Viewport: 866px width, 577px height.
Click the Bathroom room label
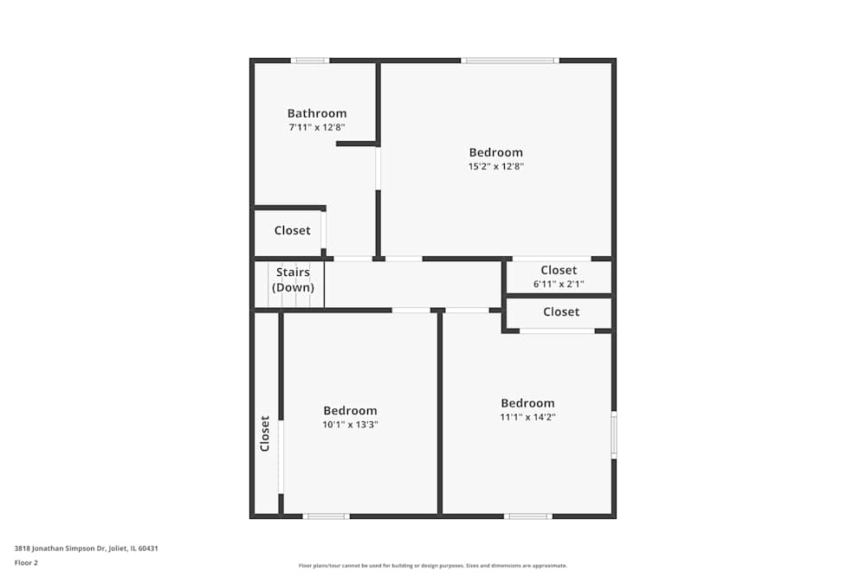(x=317, y=113)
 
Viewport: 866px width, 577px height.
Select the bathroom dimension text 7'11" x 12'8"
(x=317, y=127)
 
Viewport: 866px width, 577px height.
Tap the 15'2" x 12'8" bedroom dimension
(x=496, y=166)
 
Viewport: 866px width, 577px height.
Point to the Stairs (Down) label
(x=294, y=279)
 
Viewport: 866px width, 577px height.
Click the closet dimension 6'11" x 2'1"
(x=559, y=284)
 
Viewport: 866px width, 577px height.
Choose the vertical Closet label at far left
(x=265, y=433)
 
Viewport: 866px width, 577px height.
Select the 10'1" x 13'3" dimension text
(x=351, y=424)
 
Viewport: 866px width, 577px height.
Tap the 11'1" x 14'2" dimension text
(x=527, y=416)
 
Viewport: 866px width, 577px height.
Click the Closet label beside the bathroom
(x=292, y=231)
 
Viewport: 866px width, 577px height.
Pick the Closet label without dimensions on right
(x=561, y=311)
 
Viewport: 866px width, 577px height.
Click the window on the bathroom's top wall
(x=310, y=61)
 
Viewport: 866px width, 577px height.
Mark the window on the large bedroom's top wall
(x=509, y=61)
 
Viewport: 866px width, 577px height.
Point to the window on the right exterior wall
(x=613, y=434)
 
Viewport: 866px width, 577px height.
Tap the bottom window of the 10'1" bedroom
(x=326, y=516)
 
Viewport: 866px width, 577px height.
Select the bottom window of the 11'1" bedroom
(x=528, y=516)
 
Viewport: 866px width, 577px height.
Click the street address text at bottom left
(x=86, y=548)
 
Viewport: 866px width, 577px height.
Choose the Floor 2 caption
(x=26, y=562)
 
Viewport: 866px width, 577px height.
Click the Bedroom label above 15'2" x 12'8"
(x=496, y=153)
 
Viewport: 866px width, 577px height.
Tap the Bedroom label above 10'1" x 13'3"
(x=351, y=411)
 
